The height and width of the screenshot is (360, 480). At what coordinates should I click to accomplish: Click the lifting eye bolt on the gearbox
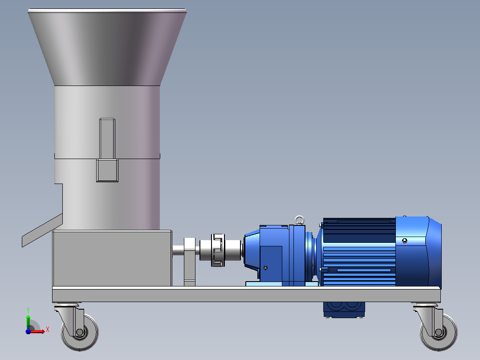[299, 220]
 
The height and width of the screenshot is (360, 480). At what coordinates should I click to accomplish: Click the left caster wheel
[80, 332]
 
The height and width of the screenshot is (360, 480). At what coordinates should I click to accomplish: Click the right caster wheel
[439, 332]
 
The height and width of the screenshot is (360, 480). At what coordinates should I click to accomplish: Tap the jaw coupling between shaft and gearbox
[218, 250]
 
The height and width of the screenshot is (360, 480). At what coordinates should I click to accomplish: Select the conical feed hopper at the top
[107, 48]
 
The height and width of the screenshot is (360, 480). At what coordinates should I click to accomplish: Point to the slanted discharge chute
[42, 230]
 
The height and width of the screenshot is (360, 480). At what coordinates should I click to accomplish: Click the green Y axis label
[28, 310]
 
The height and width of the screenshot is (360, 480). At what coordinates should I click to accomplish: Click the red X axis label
[48, 330]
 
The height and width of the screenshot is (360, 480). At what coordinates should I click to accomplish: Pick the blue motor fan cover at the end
[418, 251]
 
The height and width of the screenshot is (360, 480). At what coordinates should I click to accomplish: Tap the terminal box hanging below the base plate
[344, 310]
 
